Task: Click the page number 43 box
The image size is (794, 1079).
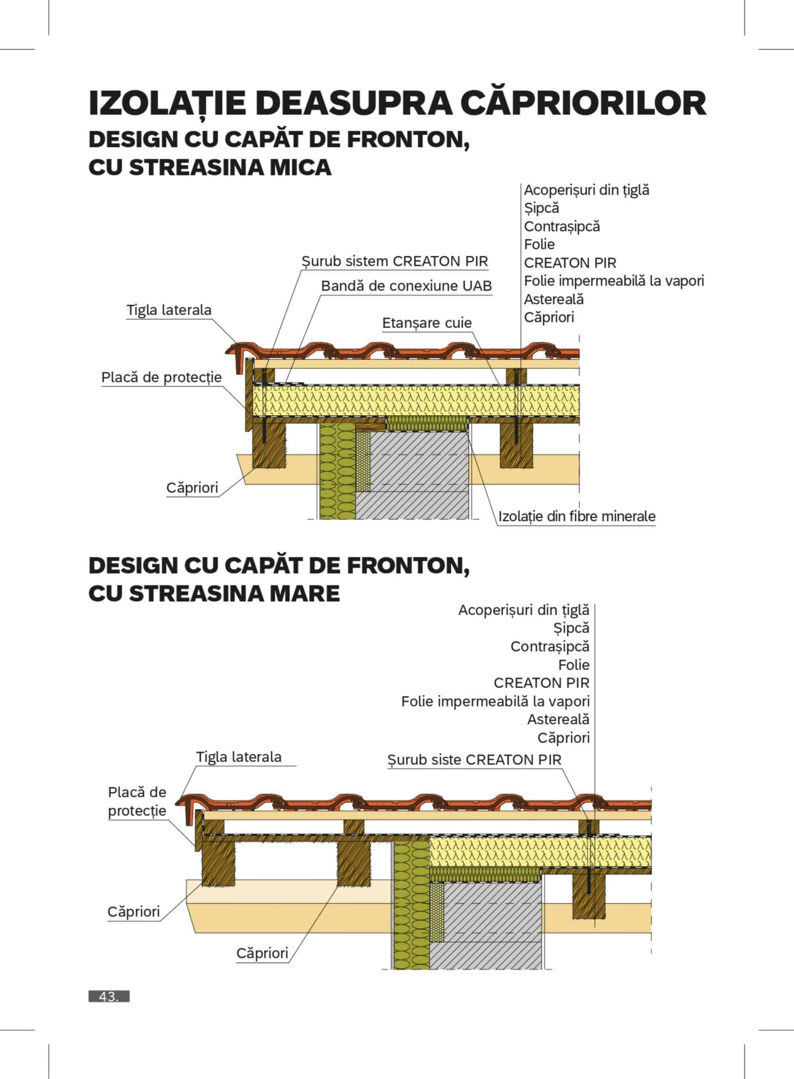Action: pos(109,996)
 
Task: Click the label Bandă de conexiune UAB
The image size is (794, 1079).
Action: pos(406,286)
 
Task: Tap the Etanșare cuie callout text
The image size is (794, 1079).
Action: pos(427,323)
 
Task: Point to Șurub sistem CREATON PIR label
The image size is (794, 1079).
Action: pos(394,261)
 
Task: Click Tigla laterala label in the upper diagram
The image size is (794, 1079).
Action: pos(169,310)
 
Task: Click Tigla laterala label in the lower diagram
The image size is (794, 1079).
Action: pos(239,757)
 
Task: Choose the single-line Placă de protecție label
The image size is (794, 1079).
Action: pos(161,377)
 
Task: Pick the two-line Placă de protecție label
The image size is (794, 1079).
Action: pos(137,801)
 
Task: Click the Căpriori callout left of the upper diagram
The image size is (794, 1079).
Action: pos(192,488)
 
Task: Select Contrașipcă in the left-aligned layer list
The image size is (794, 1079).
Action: pos(562,226)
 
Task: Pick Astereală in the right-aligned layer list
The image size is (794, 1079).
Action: pos(558,719)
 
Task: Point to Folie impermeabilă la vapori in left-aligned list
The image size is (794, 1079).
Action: pos(614,281)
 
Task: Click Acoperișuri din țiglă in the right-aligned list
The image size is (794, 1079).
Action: pos(523,610)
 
